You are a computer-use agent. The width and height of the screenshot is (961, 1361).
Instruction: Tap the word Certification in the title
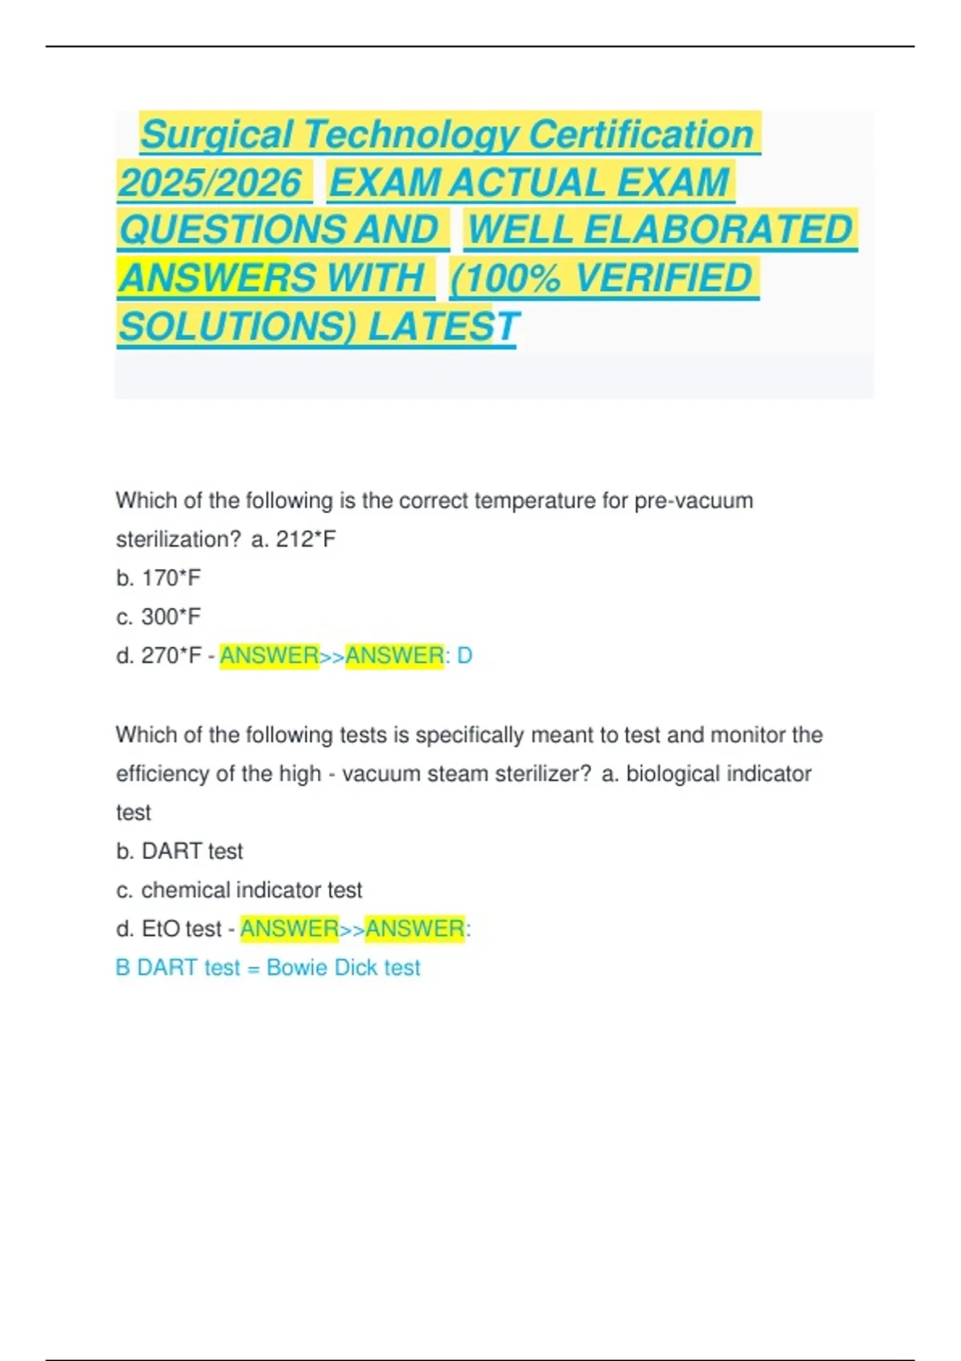pos(641,134)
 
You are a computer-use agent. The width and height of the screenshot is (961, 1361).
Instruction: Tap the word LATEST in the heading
pos(443,327)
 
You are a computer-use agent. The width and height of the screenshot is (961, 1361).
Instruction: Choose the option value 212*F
pos(305,540)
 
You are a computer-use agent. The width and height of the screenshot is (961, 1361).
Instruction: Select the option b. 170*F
pos(159,578)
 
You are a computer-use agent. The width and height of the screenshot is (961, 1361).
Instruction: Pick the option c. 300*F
pos(159,617)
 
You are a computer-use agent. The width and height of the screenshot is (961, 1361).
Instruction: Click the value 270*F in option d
pos(171,656)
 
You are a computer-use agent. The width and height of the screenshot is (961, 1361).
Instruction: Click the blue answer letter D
pos(464,656)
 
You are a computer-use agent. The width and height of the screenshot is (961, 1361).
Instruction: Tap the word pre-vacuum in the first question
pos(694,501)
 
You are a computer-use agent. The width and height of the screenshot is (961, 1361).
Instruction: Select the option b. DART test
pos(179,851)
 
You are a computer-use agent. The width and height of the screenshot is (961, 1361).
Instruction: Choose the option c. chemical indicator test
pos(239,890)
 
